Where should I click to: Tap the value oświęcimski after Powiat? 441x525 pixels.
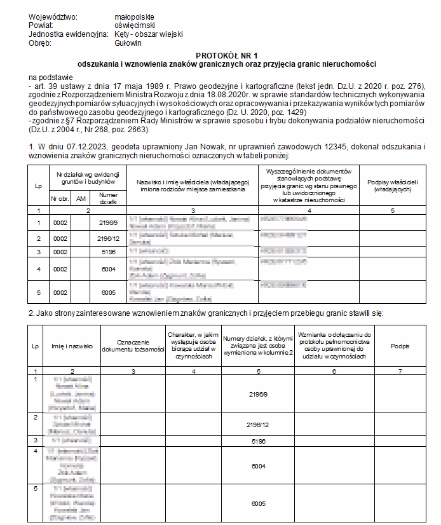134,25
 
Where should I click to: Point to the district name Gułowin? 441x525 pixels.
128,43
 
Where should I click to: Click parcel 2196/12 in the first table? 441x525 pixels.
108,238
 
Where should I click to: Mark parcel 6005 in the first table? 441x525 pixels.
108,292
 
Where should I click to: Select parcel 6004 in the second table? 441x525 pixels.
258,466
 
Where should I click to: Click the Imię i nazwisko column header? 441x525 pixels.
72,346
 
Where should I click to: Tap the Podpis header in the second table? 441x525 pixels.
400,346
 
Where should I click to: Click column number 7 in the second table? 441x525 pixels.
400,371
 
